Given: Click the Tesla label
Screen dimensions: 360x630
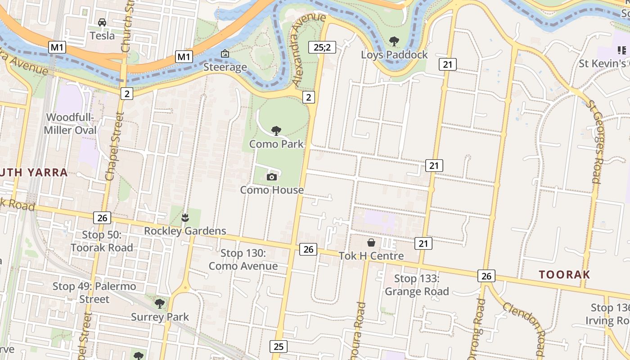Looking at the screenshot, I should [102, 36].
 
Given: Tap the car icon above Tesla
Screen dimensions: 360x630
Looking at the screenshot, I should [102, 22].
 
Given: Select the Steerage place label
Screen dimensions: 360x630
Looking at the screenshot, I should [225, 67].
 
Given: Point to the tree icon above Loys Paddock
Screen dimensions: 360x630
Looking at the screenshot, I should [394, 41].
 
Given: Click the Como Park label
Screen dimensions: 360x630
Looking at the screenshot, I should [276, 144].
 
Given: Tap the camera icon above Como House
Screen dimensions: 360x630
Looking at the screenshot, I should [271, 177].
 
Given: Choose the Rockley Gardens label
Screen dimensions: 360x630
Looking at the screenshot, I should [185, 231].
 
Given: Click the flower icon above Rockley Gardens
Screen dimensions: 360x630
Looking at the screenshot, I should [185, 218].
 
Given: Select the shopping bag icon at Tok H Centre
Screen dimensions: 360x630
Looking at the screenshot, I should [371, 243].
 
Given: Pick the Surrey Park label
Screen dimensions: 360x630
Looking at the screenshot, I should [160, 317].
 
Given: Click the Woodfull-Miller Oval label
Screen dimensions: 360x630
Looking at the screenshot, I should [71, 124].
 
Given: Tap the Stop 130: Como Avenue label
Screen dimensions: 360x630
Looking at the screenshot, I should [243, 260].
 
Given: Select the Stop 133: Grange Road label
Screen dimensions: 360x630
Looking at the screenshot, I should [417, 285].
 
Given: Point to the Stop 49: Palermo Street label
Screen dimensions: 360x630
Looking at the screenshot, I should [94, 292].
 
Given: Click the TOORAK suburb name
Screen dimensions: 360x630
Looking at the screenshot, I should [564, 274].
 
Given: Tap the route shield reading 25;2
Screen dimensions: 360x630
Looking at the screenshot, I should [322, 47].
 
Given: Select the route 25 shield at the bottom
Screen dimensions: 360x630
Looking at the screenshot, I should [279, 346].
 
